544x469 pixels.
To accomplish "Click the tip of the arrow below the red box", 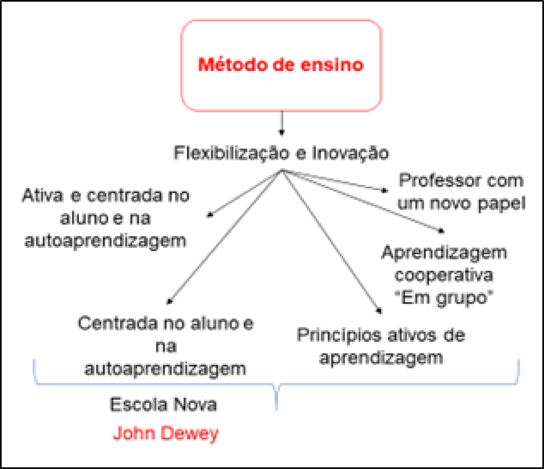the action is [x=281, y=135].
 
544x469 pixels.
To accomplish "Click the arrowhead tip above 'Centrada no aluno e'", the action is [x=167, y=304].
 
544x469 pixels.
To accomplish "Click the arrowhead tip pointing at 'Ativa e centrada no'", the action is [x=207, y=217].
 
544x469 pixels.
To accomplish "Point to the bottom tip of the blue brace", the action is [x=276, y=410].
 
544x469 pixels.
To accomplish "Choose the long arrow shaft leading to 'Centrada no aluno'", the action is [x=225, y=237].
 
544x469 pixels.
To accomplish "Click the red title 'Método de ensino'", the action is [x=281, y=65].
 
